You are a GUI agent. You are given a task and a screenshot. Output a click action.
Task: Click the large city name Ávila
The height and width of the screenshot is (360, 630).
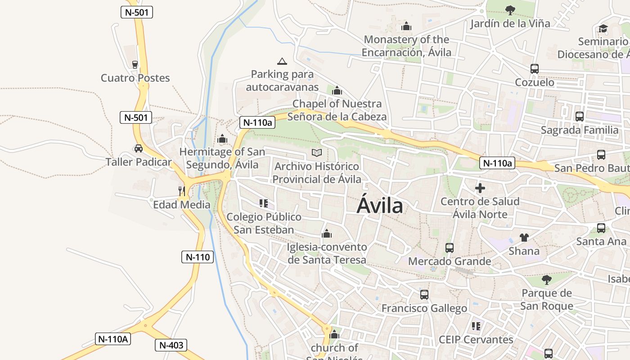tap(380, 206)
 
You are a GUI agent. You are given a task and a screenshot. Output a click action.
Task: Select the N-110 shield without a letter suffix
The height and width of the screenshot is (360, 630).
tap(198, 257)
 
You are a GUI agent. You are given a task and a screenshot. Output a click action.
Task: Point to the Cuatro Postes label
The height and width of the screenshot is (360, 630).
tap(135, 78)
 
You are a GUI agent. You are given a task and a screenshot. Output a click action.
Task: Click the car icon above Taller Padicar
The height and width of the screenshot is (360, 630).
tap(138, 148)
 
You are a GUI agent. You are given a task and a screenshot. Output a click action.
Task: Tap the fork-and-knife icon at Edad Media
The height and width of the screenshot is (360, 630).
tap(181, 191)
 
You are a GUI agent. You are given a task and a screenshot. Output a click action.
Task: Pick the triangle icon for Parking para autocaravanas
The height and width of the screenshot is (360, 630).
tap(282, 61)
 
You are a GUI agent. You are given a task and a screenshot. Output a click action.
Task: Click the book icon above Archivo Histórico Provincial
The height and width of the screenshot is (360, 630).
tap(317, 153)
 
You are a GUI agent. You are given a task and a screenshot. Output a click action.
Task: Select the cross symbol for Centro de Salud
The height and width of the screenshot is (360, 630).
tap(480, 188)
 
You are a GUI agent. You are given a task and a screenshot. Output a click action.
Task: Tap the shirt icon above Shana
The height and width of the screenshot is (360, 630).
tap(524, 237)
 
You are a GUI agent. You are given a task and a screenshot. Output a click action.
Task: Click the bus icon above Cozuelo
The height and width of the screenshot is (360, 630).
tap(535, 69)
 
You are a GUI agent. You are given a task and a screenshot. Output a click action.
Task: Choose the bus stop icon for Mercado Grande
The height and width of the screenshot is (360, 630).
tap(449, 247)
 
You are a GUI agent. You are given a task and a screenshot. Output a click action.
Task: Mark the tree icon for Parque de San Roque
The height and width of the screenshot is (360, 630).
tap(547, 280)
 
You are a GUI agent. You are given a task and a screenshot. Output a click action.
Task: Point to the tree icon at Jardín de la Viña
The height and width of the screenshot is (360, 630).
tap(510, 10)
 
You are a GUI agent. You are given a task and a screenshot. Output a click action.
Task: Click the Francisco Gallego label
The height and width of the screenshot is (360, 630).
tap(424, 308)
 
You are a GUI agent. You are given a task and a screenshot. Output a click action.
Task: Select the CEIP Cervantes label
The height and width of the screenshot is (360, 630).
tap(476, 339)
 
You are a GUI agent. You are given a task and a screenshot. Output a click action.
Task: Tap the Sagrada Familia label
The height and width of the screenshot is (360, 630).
tap(580, 130)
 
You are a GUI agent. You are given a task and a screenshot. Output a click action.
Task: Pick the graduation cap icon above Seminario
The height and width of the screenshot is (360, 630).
tap(603, 29)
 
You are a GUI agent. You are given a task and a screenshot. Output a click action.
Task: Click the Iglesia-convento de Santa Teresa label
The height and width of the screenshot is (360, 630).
tap(327, 253)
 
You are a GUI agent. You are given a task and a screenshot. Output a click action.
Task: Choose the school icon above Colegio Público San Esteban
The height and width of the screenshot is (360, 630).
tap(264, 203)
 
